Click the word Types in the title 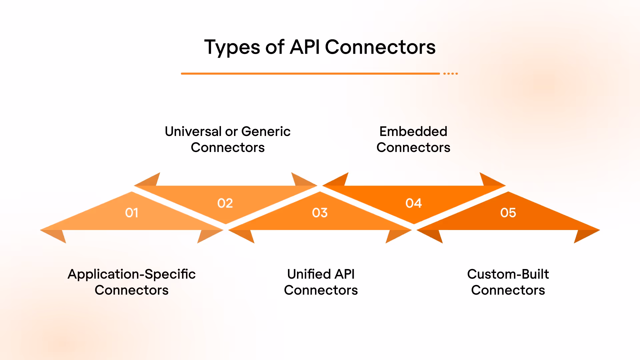[232, 47]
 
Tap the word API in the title [305, 47]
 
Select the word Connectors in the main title [380, 47]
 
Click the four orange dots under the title [450, 73]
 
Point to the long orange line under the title [310, 73]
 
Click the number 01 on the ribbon [132, 213]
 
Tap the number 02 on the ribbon [225, 203]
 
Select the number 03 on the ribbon [320, 213]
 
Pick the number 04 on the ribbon [414, 203]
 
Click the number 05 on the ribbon [508, 213]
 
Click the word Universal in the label [193, 131]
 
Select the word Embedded [413, 131]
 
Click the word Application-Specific [132, 274]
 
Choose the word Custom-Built [508, 274]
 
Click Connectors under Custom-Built [508, 290]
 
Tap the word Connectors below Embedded [413, 147]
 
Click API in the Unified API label [345, 274]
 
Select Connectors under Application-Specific [132, 290]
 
